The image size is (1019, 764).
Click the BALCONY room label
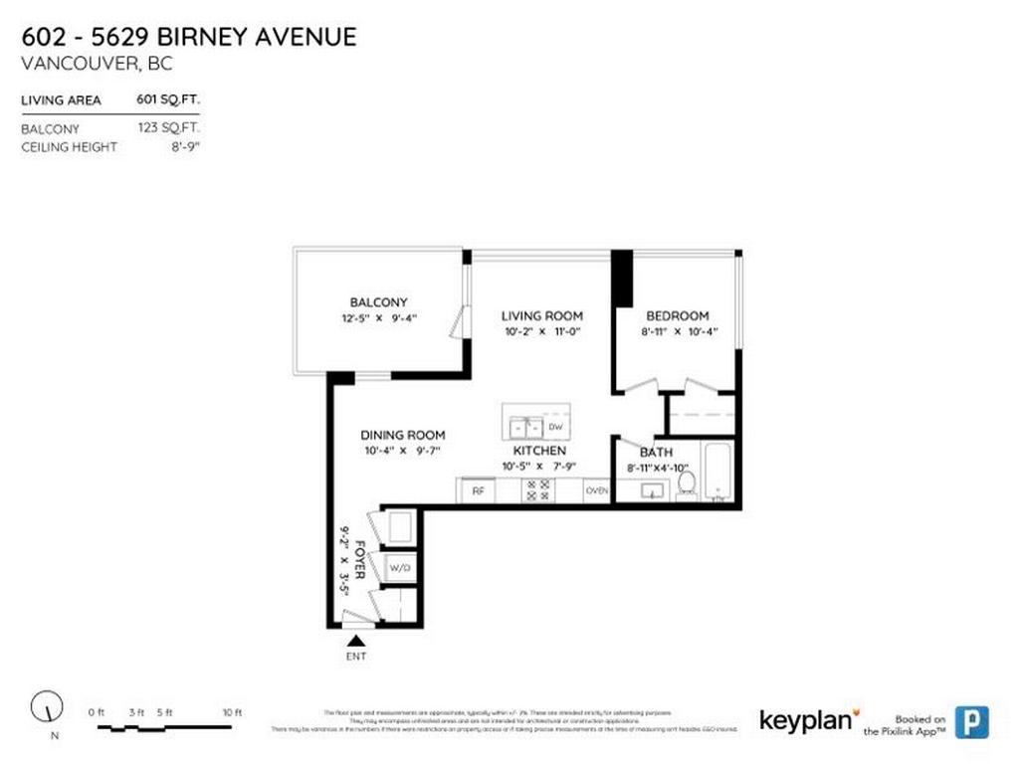[378, 302]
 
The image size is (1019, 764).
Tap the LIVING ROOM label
[541, 316]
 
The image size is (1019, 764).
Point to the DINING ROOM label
[402, 435]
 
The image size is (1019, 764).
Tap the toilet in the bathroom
[686, 483]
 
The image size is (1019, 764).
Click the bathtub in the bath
[717, 472]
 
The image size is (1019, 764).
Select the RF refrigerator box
[478, 490]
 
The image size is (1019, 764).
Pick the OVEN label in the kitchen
[597, 490]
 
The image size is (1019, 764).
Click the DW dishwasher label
[555, 427]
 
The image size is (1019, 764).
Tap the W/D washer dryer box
[400, 568]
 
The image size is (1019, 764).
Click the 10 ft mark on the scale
[232, 712]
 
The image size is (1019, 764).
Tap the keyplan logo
[806, 720]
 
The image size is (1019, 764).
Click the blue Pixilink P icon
[971, 721]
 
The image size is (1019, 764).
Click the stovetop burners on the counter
[539, 490]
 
